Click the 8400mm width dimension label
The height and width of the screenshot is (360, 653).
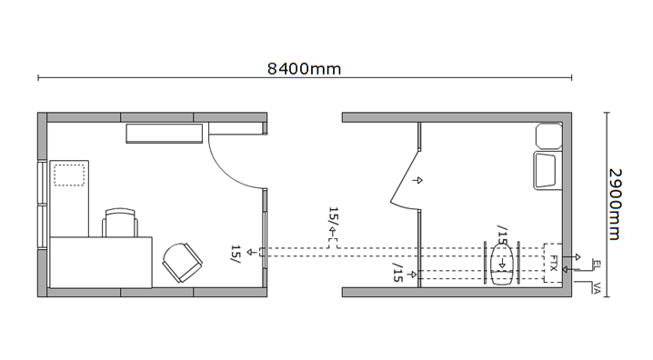click(304, 69)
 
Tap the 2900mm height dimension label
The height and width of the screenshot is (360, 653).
click(615, 204)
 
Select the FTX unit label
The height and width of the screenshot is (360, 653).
click(554, 263)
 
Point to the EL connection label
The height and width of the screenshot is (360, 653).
click(597, 264)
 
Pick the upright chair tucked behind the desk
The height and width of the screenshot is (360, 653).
click(120, 223)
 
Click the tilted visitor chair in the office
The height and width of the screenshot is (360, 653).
click(182, 263)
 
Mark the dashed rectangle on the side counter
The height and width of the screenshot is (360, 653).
click(69, 175)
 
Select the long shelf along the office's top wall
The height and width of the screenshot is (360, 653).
click(165, 133)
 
